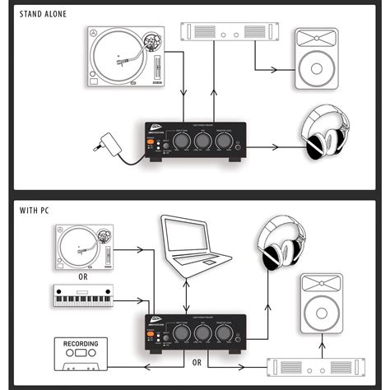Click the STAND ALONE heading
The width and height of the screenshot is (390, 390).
(x=39, y=15)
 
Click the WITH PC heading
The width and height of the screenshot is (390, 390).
(x=34, y=211)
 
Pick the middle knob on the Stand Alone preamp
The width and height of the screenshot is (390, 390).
(x=200, y=142)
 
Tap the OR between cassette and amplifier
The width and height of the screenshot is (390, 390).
(x=195, y=360)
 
